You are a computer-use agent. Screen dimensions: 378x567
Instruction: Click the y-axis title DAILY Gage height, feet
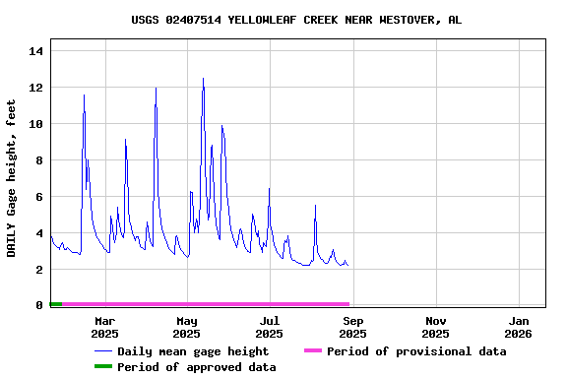pos(12,178)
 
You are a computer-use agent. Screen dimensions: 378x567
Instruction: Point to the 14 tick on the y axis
pos(36,51)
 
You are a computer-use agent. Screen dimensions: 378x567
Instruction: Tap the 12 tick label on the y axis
pos(36,88)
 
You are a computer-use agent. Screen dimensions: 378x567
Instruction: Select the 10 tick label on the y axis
pos(36,124)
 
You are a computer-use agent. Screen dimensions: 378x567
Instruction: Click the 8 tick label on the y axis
pos(39,160)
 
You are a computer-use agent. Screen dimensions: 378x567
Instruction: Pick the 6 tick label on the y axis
pos(39,197)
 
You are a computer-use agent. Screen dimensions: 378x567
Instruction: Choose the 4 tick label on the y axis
pos(39,233)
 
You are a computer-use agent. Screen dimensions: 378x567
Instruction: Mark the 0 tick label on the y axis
pos(39,305)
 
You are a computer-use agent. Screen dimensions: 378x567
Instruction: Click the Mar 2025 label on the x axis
pos(104,327)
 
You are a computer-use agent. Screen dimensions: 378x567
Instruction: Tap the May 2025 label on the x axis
pos(187,327)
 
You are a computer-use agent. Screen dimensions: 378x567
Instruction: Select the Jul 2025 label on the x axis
pos(270,327)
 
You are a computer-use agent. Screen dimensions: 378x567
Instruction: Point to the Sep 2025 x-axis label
pos(353,327)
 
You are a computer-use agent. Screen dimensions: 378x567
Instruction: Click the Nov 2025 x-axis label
pos(436,327)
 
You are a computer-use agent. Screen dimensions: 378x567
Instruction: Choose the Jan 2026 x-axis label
pos(519,327)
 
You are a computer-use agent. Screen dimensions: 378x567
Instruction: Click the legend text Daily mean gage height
pos(193,351)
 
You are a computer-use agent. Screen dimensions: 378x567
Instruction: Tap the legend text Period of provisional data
pos(416,351)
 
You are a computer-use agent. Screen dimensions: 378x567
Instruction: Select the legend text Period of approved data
pos(197,367)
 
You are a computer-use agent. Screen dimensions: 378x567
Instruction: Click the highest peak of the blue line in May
pos(203,79)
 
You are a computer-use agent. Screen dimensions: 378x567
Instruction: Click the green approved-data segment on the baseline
pos(56,304)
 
